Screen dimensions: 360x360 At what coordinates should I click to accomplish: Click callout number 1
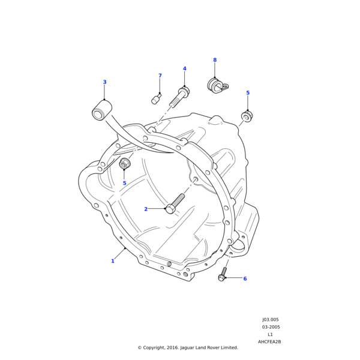(x=112, y=261)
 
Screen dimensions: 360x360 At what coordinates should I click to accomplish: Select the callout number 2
(x=146, y=209)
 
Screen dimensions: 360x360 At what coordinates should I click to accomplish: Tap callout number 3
(x=104, y=82)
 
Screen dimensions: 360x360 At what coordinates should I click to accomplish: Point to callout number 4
(x=184, y=68)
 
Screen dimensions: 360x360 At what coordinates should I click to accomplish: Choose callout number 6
(x=245, y=278)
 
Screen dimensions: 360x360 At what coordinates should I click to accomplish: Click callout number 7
(x=160, y=76)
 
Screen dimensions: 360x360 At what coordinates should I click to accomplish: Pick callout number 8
(x=215, y=60)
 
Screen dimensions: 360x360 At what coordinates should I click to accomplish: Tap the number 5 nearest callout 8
(x=248, y=93)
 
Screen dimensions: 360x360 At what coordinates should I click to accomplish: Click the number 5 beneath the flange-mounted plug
(x=124, y=183)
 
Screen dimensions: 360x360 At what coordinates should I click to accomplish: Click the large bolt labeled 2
(x=175, y=203)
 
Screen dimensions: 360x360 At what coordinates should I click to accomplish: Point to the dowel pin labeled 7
(x=156, y=99)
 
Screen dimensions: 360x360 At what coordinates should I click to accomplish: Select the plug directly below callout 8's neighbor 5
(x=247, y=116)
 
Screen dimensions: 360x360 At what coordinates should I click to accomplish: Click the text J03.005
(x=270, y=320)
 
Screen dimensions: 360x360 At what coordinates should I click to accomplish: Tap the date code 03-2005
(x=271, y=327)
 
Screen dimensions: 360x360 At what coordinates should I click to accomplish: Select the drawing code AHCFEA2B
(x=269, y=341)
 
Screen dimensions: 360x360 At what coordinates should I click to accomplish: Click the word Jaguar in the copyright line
(x=186, y=347)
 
